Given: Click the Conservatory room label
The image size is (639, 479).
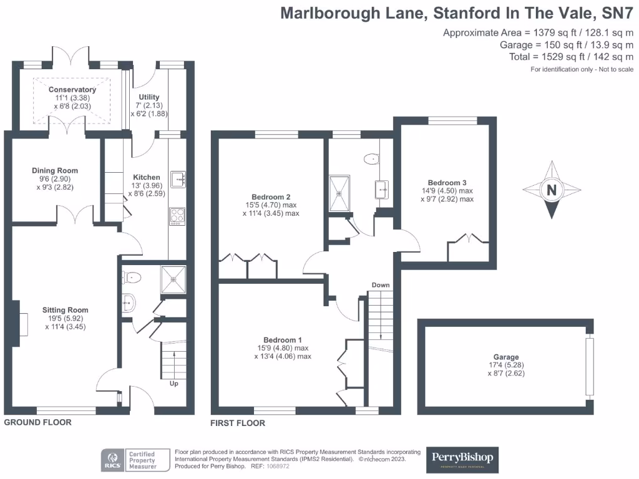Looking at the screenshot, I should pos(72,90).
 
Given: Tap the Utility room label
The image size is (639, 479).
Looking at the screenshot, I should pos(149,97).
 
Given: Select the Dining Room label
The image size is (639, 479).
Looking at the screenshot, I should pos(55,170).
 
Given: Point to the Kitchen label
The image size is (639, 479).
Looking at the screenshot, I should pos(147,177).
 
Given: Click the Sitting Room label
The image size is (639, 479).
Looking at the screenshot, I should pos(65,309).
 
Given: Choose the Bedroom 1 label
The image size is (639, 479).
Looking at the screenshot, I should pos(283,340).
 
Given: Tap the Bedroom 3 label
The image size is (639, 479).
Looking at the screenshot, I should pos(447,183).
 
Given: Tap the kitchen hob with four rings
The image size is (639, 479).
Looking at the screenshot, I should pos(177,216).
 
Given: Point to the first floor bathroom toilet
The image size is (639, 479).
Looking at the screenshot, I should pos(372,159).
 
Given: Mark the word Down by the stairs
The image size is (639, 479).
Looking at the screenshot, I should pos(381,285).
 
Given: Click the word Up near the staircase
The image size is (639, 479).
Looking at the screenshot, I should pos(174,384).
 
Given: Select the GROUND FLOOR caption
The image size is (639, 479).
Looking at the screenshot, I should pos(38,422).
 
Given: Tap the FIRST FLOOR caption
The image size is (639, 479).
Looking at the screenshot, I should pos(238,423).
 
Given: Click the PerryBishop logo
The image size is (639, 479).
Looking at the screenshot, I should pos(463,460).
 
